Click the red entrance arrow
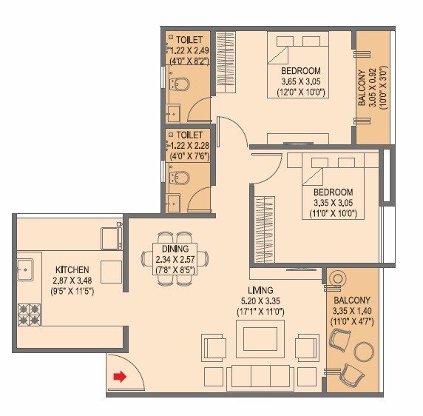(x=118, y=378)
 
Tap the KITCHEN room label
(x=72, y=270)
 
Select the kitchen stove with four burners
(x=30, y=315)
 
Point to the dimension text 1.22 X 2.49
(x=188, y=50)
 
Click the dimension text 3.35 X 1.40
(x=352, y=312)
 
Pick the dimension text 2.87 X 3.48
(x=72, y=281)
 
